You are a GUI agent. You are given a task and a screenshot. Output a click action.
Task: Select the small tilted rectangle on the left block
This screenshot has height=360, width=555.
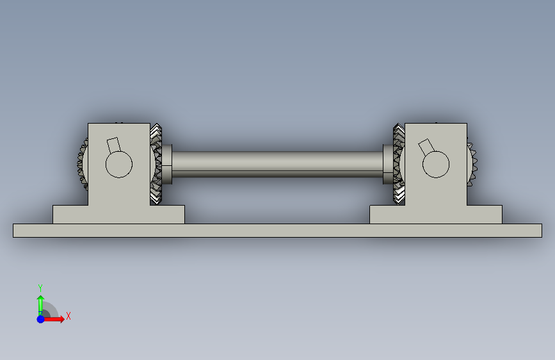click(x=113, y=145)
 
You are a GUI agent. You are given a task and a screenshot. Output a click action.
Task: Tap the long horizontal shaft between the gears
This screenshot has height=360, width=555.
click(x=278, y=164)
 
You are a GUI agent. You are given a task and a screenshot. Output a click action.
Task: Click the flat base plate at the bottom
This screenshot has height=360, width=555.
click(x=278, y=231)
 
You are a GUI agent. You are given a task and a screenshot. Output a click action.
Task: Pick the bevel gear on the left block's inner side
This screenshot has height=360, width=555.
click(x=156, y=164)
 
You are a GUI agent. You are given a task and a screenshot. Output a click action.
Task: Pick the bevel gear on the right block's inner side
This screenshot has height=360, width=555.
click(x=399, y=164)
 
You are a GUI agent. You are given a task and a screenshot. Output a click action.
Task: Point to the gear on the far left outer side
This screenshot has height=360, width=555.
click(x=83, y=164)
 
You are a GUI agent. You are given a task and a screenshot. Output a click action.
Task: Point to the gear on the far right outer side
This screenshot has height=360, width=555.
click(x=472, y=164)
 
